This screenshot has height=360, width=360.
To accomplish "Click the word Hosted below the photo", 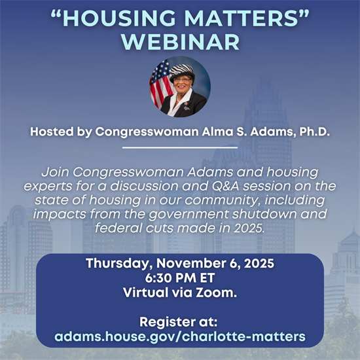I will coord(52,132).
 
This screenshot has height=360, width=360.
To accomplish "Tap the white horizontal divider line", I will coord(180,148).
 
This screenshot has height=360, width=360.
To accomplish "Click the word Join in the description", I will coord(55,171).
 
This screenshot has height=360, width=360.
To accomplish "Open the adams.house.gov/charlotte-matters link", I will coord(180,337).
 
